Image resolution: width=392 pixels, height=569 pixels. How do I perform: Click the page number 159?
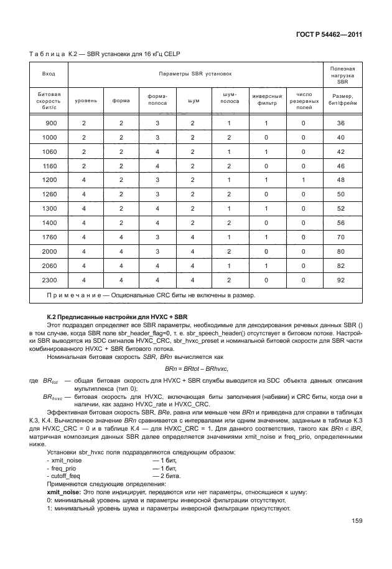(x=357, y=521)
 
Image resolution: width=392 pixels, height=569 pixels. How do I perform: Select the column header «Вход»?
(x=48, y=74)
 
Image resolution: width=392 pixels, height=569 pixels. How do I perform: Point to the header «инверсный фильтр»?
(x=268, y=100)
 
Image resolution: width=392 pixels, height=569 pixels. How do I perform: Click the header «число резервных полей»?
(x=303, y=100)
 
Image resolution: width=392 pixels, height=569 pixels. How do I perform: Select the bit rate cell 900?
(x=51, y=123)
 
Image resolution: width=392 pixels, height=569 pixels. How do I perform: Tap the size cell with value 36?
(x=340, y=123)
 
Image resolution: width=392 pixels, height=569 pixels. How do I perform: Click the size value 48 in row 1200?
(x=340, y=180)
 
